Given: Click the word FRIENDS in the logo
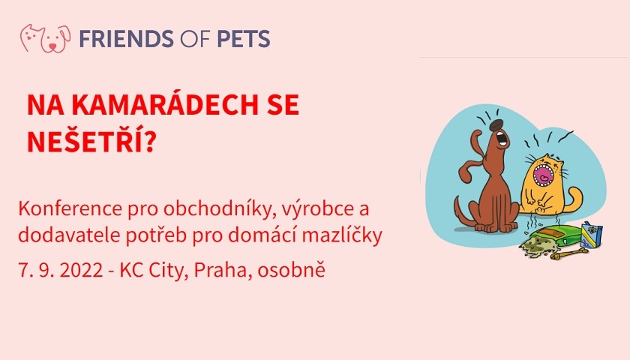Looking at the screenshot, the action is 126,39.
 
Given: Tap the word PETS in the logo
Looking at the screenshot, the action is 244,39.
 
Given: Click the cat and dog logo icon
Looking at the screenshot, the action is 45,38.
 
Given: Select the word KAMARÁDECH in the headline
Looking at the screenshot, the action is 164,105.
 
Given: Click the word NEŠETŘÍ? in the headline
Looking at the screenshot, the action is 91,142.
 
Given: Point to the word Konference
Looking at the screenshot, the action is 70,208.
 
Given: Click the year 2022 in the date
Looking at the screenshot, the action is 81,271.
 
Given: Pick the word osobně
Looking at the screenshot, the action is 291,269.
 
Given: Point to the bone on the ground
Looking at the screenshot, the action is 570,254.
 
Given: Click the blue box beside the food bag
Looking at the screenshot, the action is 592,235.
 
